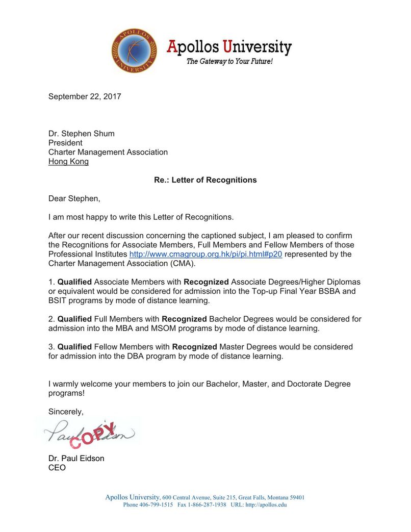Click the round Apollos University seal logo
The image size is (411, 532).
(134, 50)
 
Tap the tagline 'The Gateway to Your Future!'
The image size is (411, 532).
(229, 62)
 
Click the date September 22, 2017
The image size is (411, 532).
(85, 96)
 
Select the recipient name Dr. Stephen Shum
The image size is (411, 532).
(82, 134)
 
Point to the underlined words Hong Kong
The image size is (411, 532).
(68, 161)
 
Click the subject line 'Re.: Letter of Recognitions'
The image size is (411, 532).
(205, 180)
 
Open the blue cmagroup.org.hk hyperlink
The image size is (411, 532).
(205, 254)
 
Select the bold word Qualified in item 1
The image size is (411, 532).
(74, 282)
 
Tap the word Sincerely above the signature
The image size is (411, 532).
(66, 411)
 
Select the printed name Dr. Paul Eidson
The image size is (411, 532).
(76, 458)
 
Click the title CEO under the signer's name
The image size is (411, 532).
(57, 467)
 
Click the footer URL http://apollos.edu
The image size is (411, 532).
(266, 505)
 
